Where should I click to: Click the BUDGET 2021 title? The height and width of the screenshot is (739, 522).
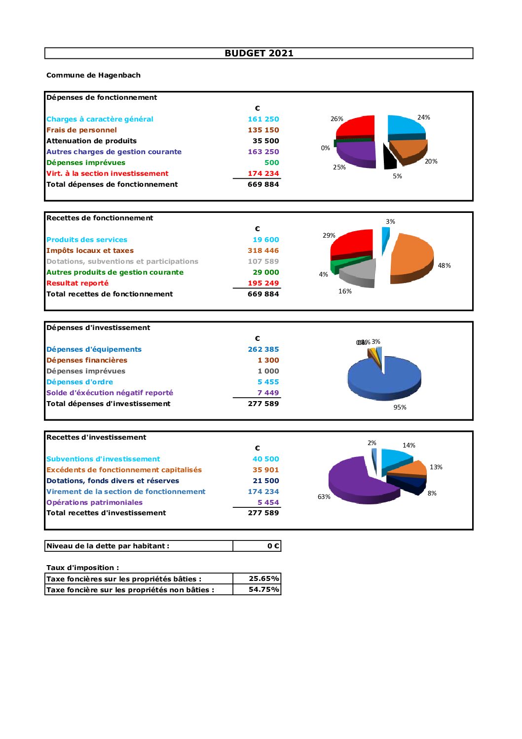259,53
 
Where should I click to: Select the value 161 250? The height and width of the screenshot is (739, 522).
263,119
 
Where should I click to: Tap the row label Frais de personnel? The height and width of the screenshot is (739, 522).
81,130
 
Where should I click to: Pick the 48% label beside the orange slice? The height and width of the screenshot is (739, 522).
444,266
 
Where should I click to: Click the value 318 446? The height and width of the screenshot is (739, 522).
263,250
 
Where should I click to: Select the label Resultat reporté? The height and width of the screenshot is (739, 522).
77,283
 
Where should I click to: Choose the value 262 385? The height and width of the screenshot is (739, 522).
263,349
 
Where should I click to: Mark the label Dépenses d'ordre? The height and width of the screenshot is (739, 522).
79,382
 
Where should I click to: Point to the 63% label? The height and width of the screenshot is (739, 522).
324,497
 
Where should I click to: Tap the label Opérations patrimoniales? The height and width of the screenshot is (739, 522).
94,502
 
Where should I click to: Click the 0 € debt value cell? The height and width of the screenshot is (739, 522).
273,546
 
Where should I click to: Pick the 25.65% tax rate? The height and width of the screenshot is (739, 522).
263,578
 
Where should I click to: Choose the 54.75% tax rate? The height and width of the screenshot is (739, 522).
263,589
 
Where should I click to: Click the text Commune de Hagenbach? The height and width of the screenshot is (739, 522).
93,75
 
